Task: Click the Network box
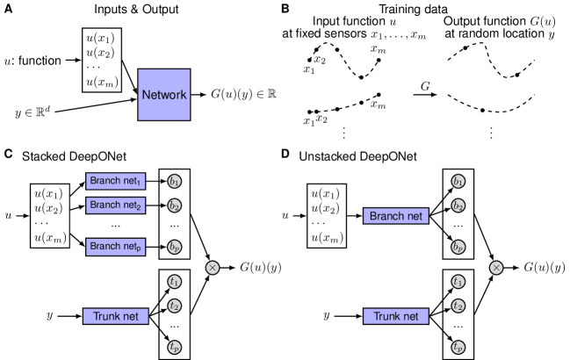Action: point(163,94)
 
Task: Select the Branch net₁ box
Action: point(116,181)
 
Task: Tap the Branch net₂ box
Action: point(116,205)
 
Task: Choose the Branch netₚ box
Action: point(116,247)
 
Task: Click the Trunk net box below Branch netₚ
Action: point(115,316)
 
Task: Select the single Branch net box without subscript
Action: point(396,216)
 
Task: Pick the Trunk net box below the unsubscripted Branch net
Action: point(396,316)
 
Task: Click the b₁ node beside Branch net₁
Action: point(175,182)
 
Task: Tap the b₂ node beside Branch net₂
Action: point(175,206)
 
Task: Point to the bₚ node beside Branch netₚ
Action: point(175,248)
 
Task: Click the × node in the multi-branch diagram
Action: point(213,267)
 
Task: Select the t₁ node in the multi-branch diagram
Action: point(175,282)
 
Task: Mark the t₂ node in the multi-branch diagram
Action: point(175,306)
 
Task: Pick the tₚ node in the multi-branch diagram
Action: point(175,348)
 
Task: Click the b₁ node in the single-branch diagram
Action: point(458,182)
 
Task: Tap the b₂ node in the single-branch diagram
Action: point(458,206)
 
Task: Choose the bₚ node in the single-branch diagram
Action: point(458,248)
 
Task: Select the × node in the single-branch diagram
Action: point(496,267)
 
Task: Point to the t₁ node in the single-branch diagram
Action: point(458,282)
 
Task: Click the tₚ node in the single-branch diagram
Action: point(458,348)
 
